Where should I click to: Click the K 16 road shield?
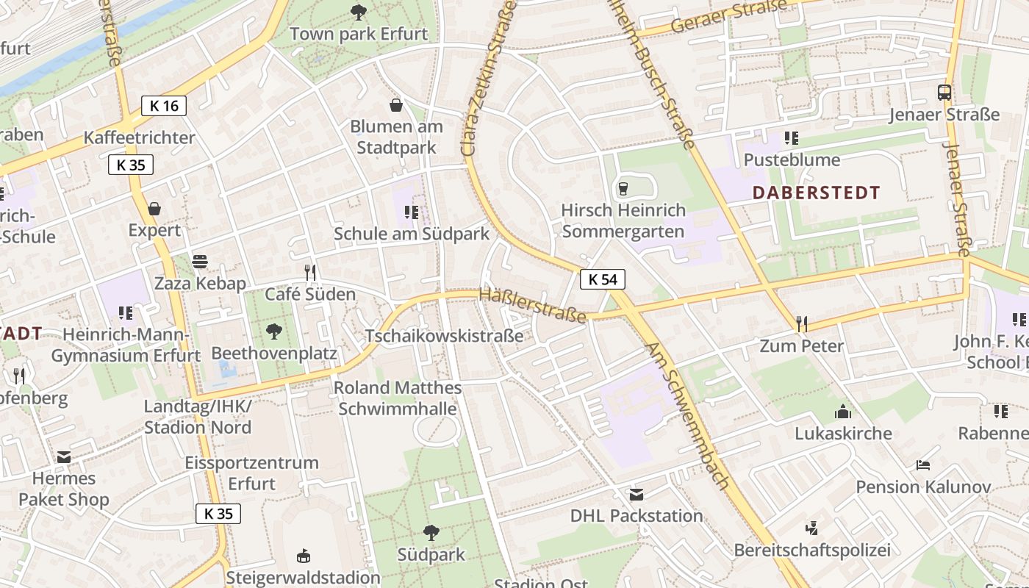164,106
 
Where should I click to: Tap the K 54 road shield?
603,279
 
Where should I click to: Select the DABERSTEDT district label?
817,193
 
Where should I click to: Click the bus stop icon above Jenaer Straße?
944,93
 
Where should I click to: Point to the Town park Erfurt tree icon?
359,12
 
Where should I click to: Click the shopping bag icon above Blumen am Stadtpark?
396,105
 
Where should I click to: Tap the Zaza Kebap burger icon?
199,262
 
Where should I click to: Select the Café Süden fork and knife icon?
310,273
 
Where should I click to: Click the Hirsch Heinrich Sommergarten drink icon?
623,189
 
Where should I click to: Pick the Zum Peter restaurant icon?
802,323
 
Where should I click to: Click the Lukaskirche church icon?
843,412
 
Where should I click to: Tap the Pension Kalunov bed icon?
923,465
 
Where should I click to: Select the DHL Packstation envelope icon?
637,494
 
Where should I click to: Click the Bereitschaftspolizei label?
812,550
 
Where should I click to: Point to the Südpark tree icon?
431,533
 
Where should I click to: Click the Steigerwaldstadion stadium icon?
303,556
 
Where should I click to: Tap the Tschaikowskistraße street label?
444,336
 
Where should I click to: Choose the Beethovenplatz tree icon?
274,331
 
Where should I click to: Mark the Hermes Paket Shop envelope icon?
64,457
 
